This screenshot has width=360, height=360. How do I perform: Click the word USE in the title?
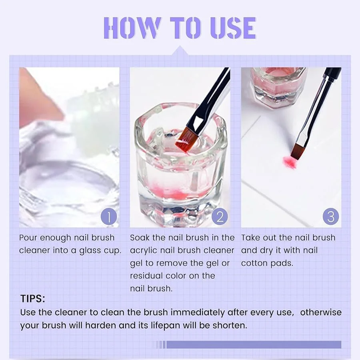(x=232, y=28)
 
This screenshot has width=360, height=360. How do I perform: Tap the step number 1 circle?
(x=109, y=217)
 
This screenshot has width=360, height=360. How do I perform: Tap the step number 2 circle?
(x=220, y=217)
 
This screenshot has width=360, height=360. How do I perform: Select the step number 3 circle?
(x=331, y=217)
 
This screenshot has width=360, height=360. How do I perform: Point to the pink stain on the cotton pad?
(x=289, y=162)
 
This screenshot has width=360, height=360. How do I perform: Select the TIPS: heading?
(x=33, y=299)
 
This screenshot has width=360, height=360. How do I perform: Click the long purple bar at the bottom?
(x=254, y=345)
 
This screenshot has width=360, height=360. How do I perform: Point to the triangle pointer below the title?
(x=180, y=51)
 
